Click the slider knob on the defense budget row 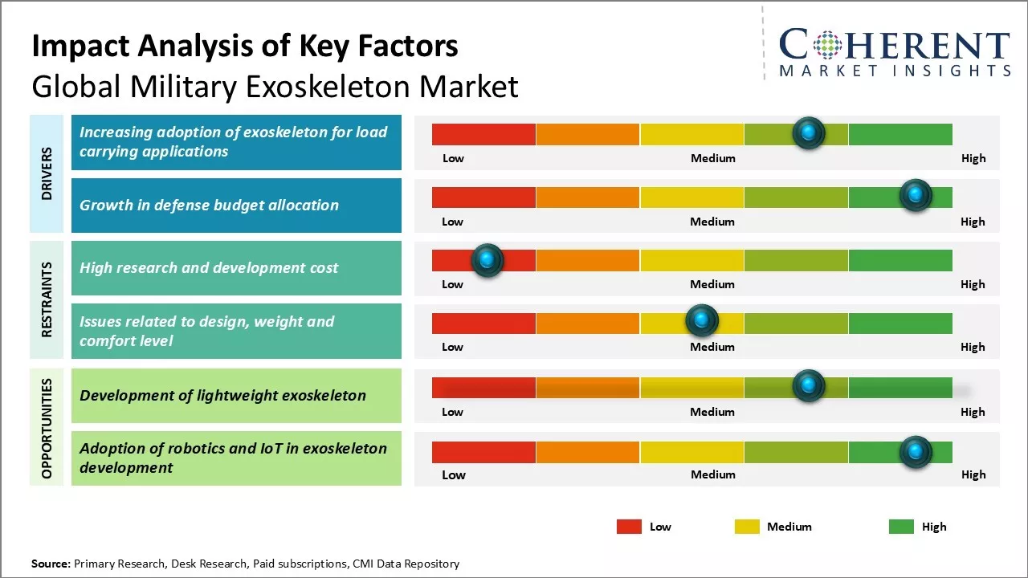click(915, 195)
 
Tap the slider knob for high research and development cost click(487, 259)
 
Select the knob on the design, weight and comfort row click(702, 321)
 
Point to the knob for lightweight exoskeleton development click(808, 386)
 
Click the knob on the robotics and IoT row click(915, 452)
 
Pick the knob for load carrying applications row click(808, 132)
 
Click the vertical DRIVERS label click(47, 173)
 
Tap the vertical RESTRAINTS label click(47, 299)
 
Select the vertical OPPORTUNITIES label click(47, 428)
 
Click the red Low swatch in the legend click(629, 527)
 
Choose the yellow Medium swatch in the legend click(747, 527)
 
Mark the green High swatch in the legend click(901, 527)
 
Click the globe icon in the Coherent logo click(826, 45)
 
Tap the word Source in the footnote click(50, 564)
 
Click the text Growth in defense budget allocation click(209, 206)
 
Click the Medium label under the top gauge click(712, 158)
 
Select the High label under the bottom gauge click(973, 474)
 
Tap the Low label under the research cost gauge click(452, 284)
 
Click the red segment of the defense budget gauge click(483, 197)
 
